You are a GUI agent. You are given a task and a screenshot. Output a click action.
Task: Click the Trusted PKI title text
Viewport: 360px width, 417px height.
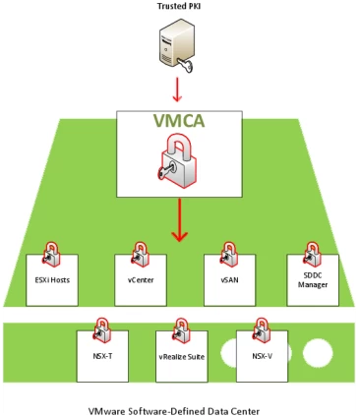pos(180,7)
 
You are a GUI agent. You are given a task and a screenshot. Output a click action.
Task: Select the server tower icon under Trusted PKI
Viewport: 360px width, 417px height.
pos(178,40)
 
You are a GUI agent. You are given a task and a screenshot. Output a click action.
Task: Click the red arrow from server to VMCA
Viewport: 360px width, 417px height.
pos(179,89)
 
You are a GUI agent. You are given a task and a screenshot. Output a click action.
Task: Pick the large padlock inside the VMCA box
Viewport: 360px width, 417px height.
pos(180,159)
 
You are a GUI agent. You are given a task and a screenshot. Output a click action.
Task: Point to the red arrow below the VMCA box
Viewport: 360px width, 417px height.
pos(179,222)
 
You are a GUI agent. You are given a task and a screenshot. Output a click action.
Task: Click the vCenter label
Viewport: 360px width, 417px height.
pos(139,281)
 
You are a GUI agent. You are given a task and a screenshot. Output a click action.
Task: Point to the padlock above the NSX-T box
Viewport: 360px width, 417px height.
pos(100,326)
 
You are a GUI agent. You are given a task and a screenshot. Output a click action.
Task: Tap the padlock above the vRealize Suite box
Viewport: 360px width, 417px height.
pos(181,326)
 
